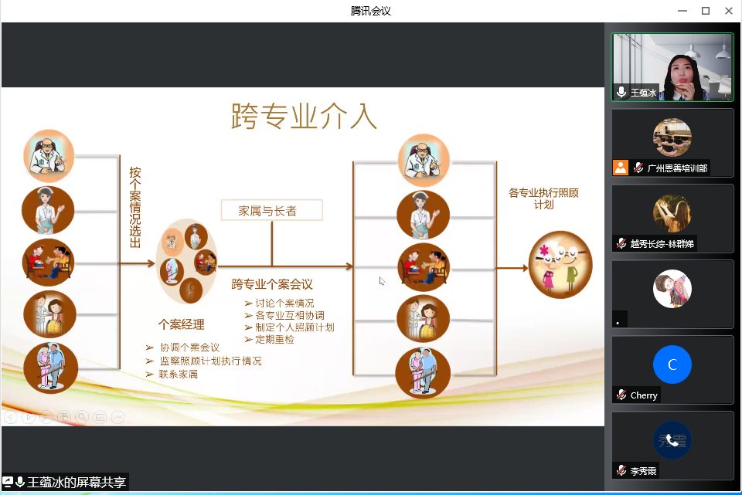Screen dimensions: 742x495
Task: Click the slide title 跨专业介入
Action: (x=304, y=116)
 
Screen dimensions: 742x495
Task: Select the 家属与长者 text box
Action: (x=271, y=210)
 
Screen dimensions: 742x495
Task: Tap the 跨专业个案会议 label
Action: (x=272, y=284)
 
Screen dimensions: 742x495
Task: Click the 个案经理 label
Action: (x=181, y=324)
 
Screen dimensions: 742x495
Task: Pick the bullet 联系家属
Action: (x=172, y=374)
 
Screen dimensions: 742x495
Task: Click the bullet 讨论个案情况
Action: (x=279, y=303)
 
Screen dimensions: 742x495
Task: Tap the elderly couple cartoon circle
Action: (x=560, y=265)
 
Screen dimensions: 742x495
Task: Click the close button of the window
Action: (x=729, y=11)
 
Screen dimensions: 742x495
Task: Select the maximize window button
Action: (x=706, y=11)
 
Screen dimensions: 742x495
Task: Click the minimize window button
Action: (x=682, y=11)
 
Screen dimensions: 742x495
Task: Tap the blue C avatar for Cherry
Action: (x=672, y=364)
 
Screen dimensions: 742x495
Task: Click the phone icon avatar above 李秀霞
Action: (x=672, y=440)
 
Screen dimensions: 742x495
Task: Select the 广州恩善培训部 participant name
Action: (x=677, y=168)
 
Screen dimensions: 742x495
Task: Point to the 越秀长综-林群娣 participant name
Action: (x=662, y=244)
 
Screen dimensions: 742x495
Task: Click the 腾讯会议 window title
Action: (x=371, y=11)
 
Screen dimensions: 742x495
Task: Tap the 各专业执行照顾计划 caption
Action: (x=543, y=198)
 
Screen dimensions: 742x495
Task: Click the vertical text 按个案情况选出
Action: (x=135, y=207)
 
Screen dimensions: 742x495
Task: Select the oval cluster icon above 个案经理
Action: (x=187, y=260)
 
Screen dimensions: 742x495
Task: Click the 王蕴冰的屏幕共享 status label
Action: (x=77, y=482)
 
